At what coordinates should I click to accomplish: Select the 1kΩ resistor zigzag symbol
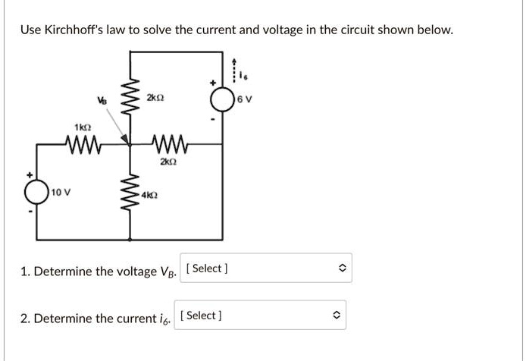click(x=79, y=143)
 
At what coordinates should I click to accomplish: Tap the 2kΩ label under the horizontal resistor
click(x=168, y=161)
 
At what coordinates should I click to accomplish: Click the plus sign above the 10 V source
click(x=31, y=174)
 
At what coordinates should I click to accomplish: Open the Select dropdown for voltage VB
click(x=266, y=268)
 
